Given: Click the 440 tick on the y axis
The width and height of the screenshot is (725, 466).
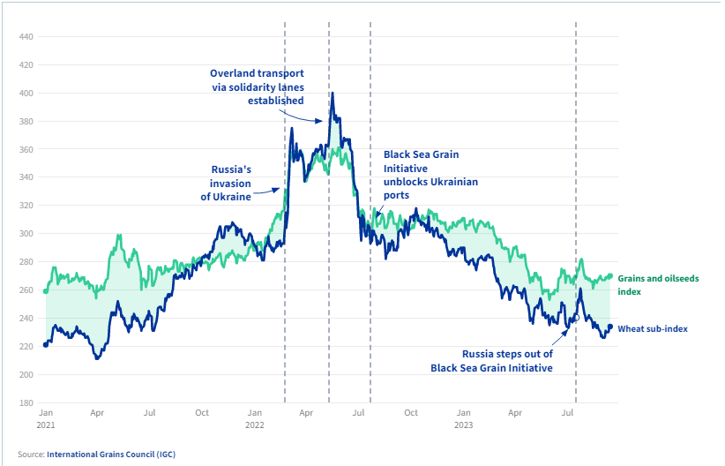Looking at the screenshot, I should (26, 37).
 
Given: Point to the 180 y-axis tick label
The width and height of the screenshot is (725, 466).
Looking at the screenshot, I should (26, 403).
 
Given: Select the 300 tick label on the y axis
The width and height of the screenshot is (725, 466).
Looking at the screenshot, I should (26, 234).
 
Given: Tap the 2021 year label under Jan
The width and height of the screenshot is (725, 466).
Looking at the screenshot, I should (47, 425).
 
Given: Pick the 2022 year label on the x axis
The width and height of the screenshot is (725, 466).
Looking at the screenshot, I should (255, 425).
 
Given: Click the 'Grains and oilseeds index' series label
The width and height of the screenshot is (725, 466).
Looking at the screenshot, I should (657, 284).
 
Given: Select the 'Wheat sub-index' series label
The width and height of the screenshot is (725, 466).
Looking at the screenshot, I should (652, 328).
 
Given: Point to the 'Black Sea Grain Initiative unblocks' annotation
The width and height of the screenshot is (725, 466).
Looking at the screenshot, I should (430, 174).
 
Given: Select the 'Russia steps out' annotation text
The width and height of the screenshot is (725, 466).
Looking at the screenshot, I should (491, 360).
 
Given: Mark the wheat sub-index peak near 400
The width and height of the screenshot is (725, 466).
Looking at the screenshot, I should (332, 94).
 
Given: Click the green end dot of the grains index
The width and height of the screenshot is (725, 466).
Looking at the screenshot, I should (609, 276).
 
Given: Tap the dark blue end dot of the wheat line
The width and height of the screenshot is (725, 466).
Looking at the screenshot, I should (610, 327).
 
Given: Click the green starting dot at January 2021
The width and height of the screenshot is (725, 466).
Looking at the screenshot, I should (46, 290).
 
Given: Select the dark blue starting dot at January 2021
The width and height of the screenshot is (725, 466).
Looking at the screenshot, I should (46, 344).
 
